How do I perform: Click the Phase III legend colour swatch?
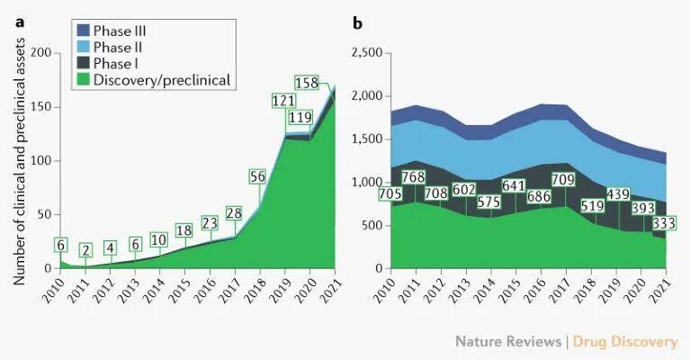tap(83, 31)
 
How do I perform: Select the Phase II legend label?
tap(118, 47)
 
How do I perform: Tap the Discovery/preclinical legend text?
tap(162, 80)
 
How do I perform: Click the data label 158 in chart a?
tap(306, 83)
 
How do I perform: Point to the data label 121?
tap(283, 101)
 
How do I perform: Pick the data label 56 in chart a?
tap(257, 176)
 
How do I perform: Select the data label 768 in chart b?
tap(414, 177)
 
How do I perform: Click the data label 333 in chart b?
tap(664, 223)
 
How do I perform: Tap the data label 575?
tap(489, 202)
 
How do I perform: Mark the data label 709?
tap(563, 180)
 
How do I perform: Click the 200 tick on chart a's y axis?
tap(40, 53)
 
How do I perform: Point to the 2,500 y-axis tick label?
tap(367, 53)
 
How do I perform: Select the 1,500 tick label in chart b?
tap(367, 139)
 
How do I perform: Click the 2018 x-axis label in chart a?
tap(255, 291)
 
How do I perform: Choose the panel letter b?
tap(357, 23)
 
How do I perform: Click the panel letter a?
tap(20, 22)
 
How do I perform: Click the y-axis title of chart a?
tap(19, 161)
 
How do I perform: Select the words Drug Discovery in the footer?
tap(625, 341)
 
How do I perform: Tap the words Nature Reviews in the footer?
tap(508, 341)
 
